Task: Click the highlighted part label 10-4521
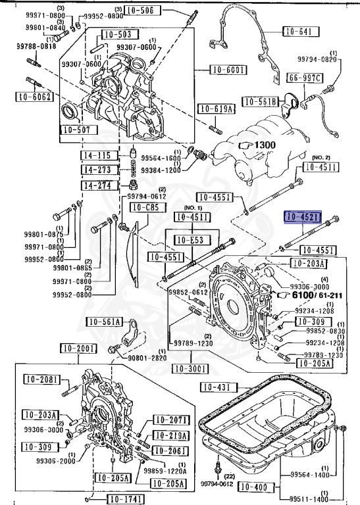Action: point(301,216)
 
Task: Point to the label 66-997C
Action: point(305,79)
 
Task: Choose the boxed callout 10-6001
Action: point(228,70)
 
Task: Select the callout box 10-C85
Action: point(145,208)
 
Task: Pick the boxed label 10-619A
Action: point(215,109)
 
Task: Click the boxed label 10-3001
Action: point(191,369)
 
